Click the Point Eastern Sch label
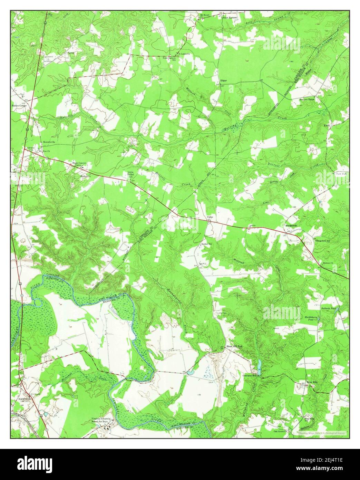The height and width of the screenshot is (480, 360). pos(170,59)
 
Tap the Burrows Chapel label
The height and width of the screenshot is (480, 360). pos(307,99)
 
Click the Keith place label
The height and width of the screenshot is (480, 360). pos(327,125)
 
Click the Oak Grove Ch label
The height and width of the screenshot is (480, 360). pos(280,431)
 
